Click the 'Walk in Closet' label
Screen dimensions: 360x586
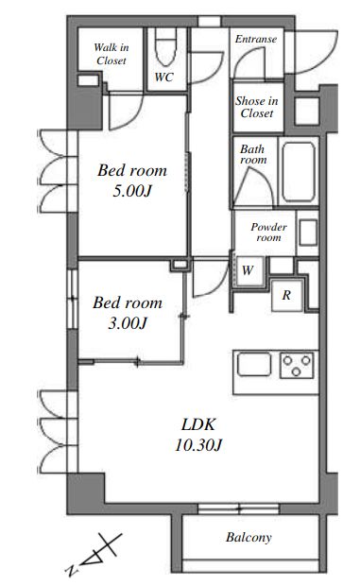coord(111,54)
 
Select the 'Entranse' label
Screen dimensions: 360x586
coord(256,39)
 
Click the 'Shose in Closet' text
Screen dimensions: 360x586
coord(257,107)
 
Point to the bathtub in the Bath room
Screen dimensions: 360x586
coord(299,172)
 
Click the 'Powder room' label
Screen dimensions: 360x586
coord(268,233)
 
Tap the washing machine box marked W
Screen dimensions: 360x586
coord(248,270)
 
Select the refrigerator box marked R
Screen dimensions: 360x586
coord(286,295)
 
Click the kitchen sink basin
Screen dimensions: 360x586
coord(254,364)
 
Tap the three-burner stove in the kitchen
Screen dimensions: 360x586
coord(297,365)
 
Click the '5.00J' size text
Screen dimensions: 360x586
coord(132,191)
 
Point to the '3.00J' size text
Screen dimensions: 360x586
coord(128,323)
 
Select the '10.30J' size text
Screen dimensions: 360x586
coord(198,445)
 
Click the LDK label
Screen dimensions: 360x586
coord(198,424)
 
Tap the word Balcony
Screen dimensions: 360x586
coord(249,538)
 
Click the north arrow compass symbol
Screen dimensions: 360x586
coord(94,555)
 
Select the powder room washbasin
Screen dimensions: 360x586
coord(308,233)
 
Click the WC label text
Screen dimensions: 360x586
coord(164,77)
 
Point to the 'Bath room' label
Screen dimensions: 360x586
coord(253,154)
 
